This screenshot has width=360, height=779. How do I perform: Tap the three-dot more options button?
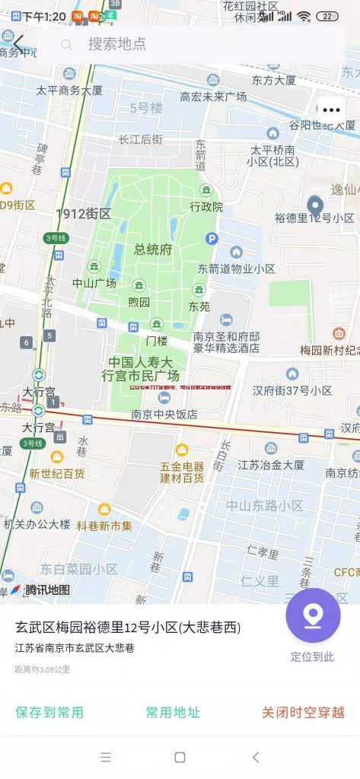click(331, 110)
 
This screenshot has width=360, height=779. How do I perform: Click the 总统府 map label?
click(153, 250)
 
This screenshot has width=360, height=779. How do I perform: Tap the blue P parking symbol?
click(212, 239)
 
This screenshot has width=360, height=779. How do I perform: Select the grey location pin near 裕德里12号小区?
click(315, 205)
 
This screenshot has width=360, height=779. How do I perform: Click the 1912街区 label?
click(84, 214)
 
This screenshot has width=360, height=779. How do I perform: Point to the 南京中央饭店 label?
click(164, 415)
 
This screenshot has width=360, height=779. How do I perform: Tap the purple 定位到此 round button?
click(313, 615)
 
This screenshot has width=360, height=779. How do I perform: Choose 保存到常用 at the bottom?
click(49, 712)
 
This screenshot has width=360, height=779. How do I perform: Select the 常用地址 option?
click(173, 712)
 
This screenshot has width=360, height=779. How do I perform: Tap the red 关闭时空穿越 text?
click(303, 712)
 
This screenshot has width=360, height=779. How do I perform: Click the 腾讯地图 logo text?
click(47, 590)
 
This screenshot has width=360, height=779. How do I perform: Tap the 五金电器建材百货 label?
click(182, 472)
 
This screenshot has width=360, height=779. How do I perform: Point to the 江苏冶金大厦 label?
click(271, 465)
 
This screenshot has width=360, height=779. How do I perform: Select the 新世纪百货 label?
click(57, 473)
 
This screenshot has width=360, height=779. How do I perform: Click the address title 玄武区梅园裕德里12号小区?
click(128, 628)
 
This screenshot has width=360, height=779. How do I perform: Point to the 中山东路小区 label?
click(264, 505)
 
